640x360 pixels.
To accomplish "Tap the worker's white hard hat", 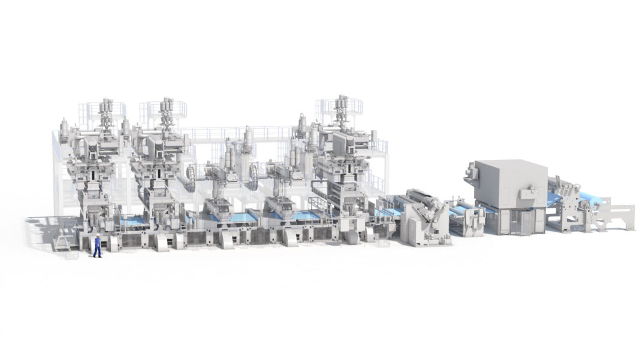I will point(97,236).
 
